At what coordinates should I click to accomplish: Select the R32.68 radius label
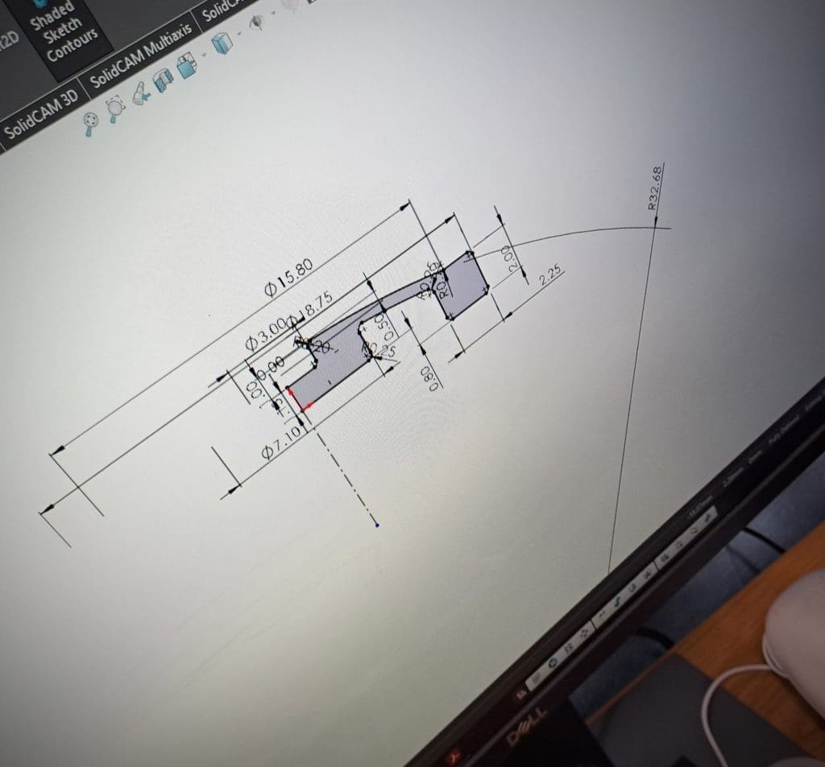(656, 188)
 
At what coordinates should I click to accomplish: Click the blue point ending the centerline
(379, 526)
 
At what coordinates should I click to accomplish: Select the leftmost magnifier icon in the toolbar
(91, 120)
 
